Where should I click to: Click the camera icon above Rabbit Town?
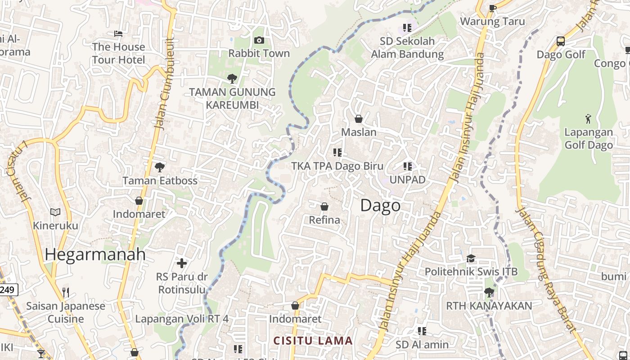click(x=259, y=40)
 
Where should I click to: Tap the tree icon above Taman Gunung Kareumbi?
click(x=232, y=79)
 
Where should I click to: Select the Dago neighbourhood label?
click(x=380, y=206)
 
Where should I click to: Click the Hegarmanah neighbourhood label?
click(x=95, y=255)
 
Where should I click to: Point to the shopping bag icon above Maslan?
click(x=359, y=119)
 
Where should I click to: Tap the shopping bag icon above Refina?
click(x=324, y=207)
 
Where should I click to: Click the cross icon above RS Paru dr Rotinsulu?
click(x=182, y=263)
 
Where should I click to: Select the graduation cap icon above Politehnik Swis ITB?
click(x=471, y=258)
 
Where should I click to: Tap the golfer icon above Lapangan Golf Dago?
click(x=588, y=119)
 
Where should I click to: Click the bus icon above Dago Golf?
click(x=561, y=41)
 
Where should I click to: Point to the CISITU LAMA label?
click(x=313, y=341)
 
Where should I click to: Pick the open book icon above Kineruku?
click(x=55, y=212)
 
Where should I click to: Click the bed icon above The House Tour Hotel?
click(x=118, y=33)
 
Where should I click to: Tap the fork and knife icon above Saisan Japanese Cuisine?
click(x=66, y=292)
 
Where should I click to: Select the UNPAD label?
click(x=407, y=180)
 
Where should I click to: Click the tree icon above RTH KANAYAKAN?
click(x=489, y=292)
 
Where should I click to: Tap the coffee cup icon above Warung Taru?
click(x=492, y=8)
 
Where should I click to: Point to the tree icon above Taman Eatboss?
click(x=159, y=167)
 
